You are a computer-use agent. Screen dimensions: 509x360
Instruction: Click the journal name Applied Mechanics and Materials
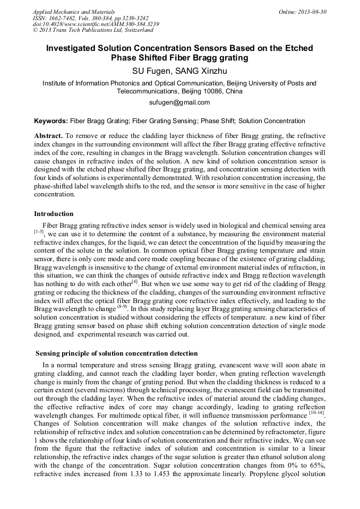click(73, 12)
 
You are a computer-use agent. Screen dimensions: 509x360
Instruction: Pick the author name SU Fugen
click(151, 70)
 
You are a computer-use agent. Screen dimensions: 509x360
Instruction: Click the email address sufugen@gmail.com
click(179, 102)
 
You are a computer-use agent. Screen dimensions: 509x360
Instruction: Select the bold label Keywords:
click(50, 121)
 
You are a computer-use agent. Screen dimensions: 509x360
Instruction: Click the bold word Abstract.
click(48, 136)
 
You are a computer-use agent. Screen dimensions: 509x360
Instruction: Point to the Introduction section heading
click(54, 214)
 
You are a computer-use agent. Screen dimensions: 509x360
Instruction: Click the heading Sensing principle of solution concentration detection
click(116, 353)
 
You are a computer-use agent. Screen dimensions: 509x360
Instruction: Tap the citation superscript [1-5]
click(39, 231)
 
